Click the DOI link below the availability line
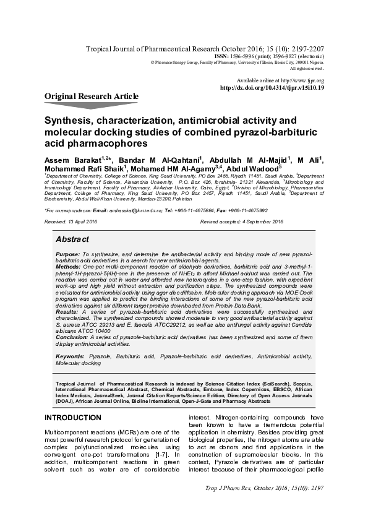272,88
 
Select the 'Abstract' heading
72,239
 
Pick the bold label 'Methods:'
67,265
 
